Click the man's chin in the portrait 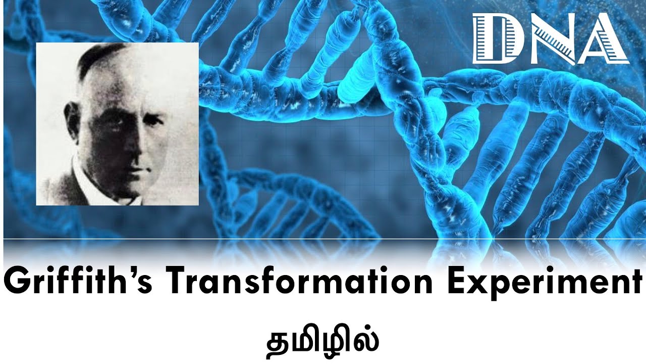click(x=134, y=183)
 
